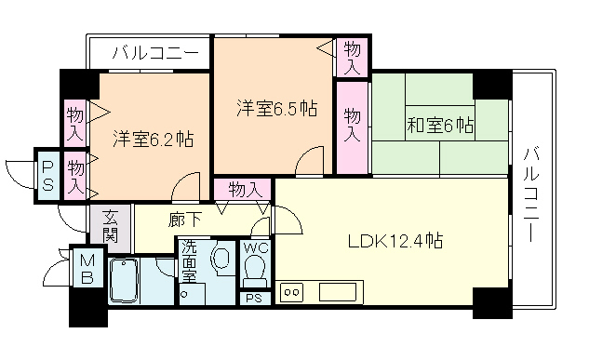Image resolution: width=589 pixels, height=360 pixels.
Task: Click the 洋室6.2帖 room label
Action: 154,140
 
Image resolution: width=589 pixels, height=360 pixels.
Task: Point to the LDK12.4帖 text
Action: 395,242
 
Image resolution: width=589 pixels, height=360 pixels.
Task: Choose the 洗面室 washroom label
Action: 189,261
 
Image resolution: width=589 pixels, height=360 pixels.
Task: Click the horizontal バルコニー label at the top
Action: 154,53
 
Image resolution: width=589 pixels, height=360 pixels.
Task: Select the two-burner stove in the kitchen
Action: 291,292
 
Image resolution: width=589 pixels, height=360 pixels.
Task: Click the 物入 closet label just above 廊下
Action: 244,189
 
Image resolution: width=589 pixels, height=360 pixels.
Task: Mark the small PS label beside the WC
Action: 253,299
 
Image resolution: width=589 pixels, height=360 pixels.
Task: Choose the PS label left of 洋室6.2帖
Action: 47,174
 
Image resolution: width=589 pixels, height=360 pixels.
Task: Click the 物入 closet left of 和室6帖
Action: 352,126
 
